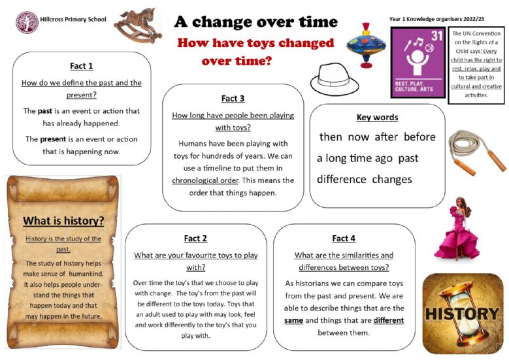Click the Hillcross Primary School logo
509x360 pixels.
tap(27, 22)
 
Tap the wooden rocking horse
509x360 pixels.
tap(138, 25)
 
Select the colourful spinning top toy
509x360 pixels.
tap(366, 45)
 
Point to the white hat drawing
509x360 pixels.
tap(335, 79)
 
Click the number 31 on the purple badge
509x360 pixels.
tap(436, 36)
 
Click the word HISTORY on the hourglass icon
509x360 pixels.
tap(462, 314)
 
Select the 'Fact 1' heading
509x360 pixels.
tap(82, 66)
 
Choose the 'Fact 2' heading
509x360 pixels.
tap(195, 238)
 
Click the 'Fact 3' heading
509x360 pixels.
tap(233, 99)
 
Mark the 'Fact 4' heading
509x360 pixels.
tap(344, 238)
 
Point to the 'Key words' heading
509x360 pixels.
tap(377, 117)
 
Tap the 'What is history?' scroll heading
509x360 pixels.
tap(63, 221)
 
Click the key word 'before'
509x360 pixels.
tap(419, 137)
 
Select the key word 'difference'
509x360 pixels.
tap(342, 179)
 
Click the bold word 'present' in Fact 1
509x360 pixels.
tap(53, 139)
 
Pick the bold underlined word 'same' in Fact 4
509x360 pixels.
tap(293, 320)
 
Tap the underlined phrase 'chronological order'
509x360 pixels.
tap(205, 180)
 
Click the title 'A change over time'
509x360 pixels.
tap(255, 22)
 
